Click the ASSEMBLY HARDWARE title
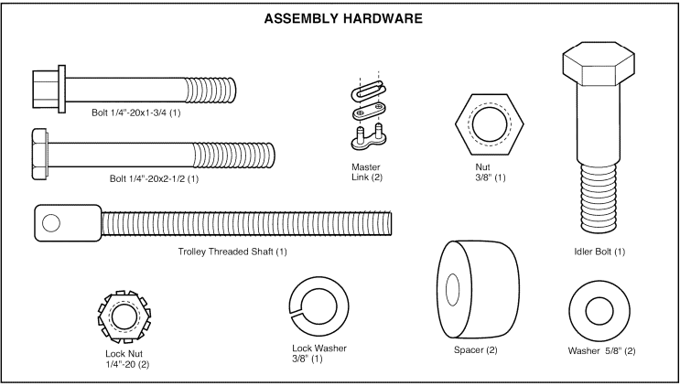coord(340,18)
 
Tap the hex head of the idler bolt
coord(596,66)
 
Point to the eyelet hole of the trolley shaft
coord(51,222)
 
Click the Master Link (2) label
coord(366,172)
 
